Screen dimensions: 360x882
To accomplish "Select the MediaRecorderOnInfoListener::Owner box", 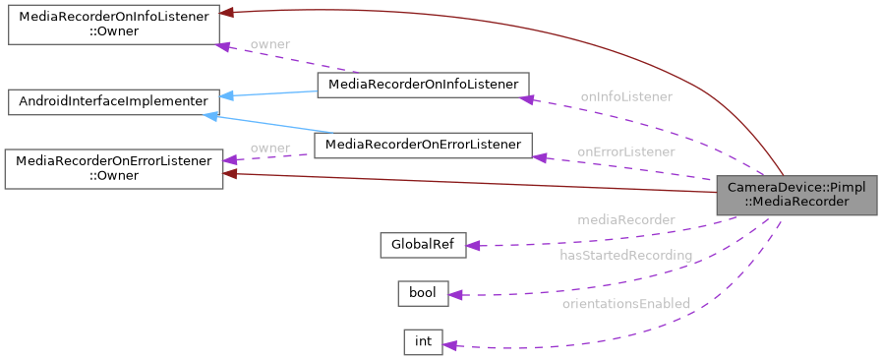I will click(x=113, y=25).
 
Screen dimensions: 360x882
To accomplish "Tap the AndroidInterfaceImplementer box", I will click(x=113, y=100).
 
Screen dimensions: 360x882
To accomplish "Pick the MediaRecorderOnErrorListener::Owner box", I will click(x=113, y=168).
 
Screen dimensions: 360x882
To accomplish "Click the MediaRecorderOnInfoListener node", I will click(x=423, y=85).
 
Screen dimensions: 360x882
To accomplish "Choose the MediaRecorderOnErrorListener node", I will click(x=423, y=146).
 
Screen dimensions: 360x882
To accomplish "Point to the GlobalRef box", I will click(x=423, y=245).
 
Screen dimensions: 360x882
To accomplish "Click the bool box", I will click(x=423, y=293).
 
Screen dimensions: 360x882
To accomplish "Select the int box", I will click(x=423, y=341).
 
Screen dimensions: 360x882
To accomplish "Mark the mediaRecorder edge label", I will click(x=625, y=219).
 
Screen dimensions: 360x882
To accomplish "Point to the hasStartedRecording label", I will click(x=625, y=255).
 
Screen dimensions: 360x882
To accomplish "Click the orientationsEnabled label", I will click(x=625, y=303).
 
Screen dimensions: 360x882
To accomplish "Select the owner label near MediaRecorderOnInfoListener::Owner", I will click(x=269, y=44).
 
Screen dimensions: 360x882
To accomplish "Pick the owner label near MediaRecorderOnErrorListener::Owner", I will click(x=269, y=148).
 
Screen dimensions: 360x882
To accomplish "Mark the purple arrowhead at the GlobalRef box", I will click(x=473, y=246).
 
